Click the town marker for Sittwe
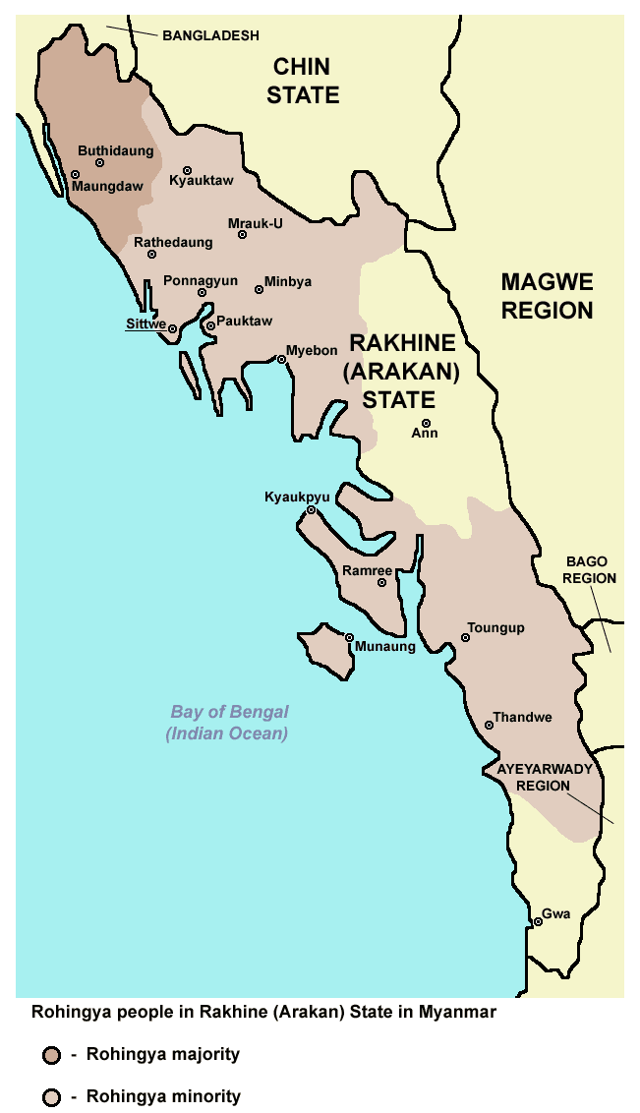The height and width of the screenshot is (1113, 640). coord(172,328)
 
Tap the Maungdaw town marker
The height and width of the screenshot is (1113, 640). coord(75,175)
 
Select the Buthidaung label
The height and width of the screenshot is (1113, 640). coord(116,151)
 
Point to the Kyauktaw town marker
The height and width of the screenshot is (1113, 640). coord(187,170)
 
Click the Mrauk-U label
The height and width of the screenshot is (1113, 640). coord(256,223)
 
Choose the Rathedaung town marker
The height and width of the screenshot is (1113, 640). coord(152,254)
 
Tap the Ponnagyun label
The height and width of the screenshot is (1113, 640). coord(201,280)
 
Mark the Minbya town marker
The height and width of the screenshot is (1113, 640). coord(259,289)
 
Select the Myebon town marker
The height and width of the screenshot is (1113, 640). coord(281,359)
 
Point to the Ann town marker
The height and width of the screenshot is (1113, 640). coord(426,423)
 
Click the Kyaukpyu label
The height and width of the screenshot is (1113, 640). coord(297,498)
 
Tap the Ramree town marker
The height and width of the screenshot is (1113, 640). coord(382,583)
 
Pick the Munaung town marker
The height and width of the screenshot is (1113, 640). coord(349,637)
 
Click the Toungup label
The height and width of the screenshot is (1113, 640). coord(496,627)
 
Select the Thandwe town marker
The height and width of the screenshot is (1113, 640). coord(489,726)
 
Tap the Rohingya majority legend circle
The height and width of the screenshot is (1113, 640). coord(51,1056)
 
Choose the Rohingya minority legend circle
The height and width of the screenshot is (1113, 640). coord(51,1097)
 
